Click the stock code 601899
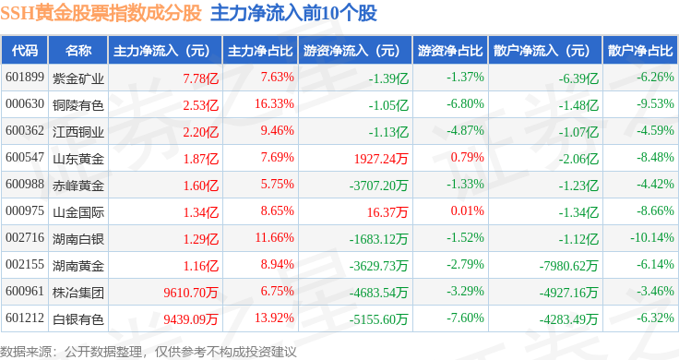[25, 78]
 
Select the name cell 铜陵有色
[78, 105]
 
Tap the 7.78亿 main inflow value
[201, 78]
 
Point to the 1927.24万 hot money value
[381, 159]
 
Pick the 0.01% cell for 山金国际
[467, 211]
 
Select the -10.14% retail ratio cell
[652, 238]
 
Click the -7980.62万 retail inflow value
[568, 266]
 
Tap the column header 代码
[25, 51]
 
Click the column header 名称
[78, 51]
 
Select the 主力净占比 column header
[260, 51]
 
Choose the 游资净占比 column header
[450, 51]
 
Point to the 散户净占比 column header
[640, 51]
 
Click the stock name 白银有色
[78, 319]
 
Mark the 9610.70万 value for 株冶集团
[191, 293]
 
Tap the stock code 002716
[25, 238]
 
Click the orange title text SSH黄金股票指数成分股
[101, 13]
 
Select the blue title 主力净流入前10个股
[293, 13]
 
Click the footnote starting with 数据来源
[149, 352]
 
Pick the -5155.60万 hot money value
[378, 319]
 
